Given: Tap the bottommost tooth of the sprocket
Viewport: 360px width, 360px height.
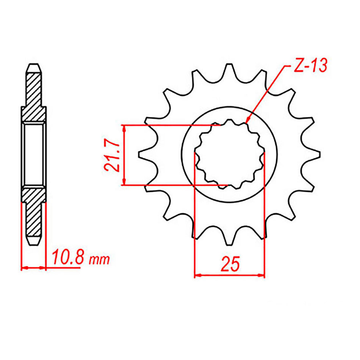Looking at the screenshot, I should coord(229,241).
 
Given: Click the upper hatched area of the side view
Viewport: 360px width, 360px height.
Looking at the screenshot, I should coord(33,95).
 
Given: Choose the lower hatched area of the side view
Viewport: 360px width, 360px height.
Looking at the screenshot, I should coord(33,212).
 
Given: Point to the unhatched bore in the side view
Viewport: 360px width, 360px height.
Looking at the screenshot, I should coord(33,155).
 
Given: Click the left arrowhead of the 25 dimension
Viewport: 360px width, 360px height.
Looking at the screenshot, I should coord(196,275).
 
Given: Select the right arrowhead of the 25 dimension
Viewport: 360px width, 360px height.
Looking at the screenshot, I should coord(262,275).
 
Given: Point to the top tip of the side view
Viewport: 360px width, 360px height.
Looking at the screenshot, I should coord(33,64).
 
